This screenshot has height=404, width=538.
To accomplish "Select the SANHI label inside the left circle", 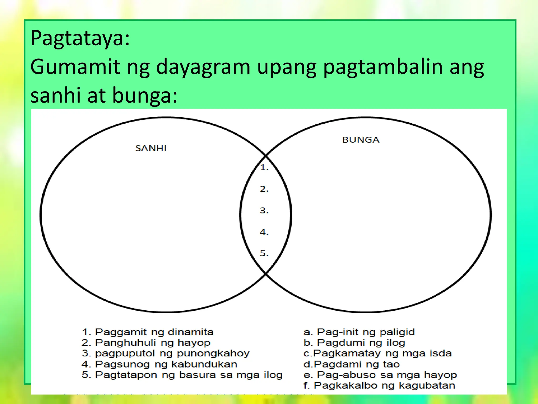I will [x=151, y=148].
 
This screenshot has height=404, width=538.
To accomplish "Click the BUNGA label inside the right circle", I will [x=361, y=140].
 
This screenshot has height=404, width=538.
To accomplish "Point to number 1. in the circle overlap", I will [x=264, y=168].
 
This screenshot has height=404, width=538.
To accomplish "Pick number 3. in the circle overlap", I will [x=264, y=211].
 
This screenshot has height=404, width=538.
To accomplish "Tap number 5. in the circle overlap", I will [x=264, y=253].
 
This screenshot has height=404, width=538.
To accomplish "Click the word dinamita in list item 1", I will [x=191, y=332].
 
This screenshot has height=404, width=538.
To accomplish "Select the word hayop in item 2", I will [x=194, y=343].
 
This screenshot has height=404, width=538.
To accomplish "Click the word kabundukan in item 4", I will [x=204, y=364].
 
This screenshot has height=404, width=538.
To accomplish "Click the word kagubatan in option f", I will [x=427, y=386].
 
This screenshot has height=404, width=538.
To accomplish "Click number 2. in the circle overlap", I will [x=264, y=189].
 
